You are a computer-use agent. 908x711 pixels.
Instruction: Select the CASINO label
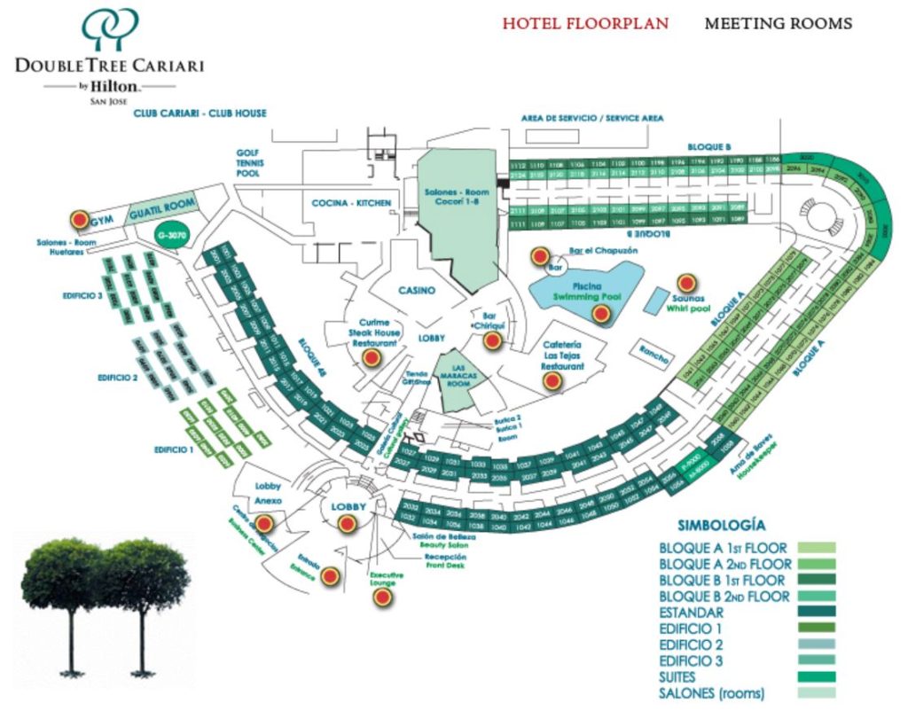click(x=416, y=290)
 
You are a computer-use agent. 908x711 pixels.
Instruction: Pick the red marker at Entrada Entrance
click(x=329, y=577)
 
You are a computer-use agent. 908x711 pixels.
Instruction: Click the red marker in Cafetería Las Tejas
click(x=553, y=381)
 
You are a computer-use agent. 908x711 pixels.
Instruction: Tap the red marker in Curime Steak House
click(x=372, y=357)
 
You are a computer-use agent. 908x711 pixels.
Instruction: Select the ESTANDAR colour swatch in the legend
click(x=817, y=613)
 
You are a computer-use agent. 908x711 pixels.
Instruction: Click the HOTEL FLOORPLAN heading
click(x=585, y=24)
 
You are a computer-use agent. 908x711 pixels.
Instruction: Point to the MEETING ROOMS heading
click(x=778, y=24)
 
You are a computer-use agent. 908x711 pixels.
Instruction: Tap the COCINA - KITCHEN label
click(x=351, y=203)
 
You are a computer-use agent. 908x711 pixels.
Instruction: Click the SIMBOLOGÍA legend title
click(x=721, y=525)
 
